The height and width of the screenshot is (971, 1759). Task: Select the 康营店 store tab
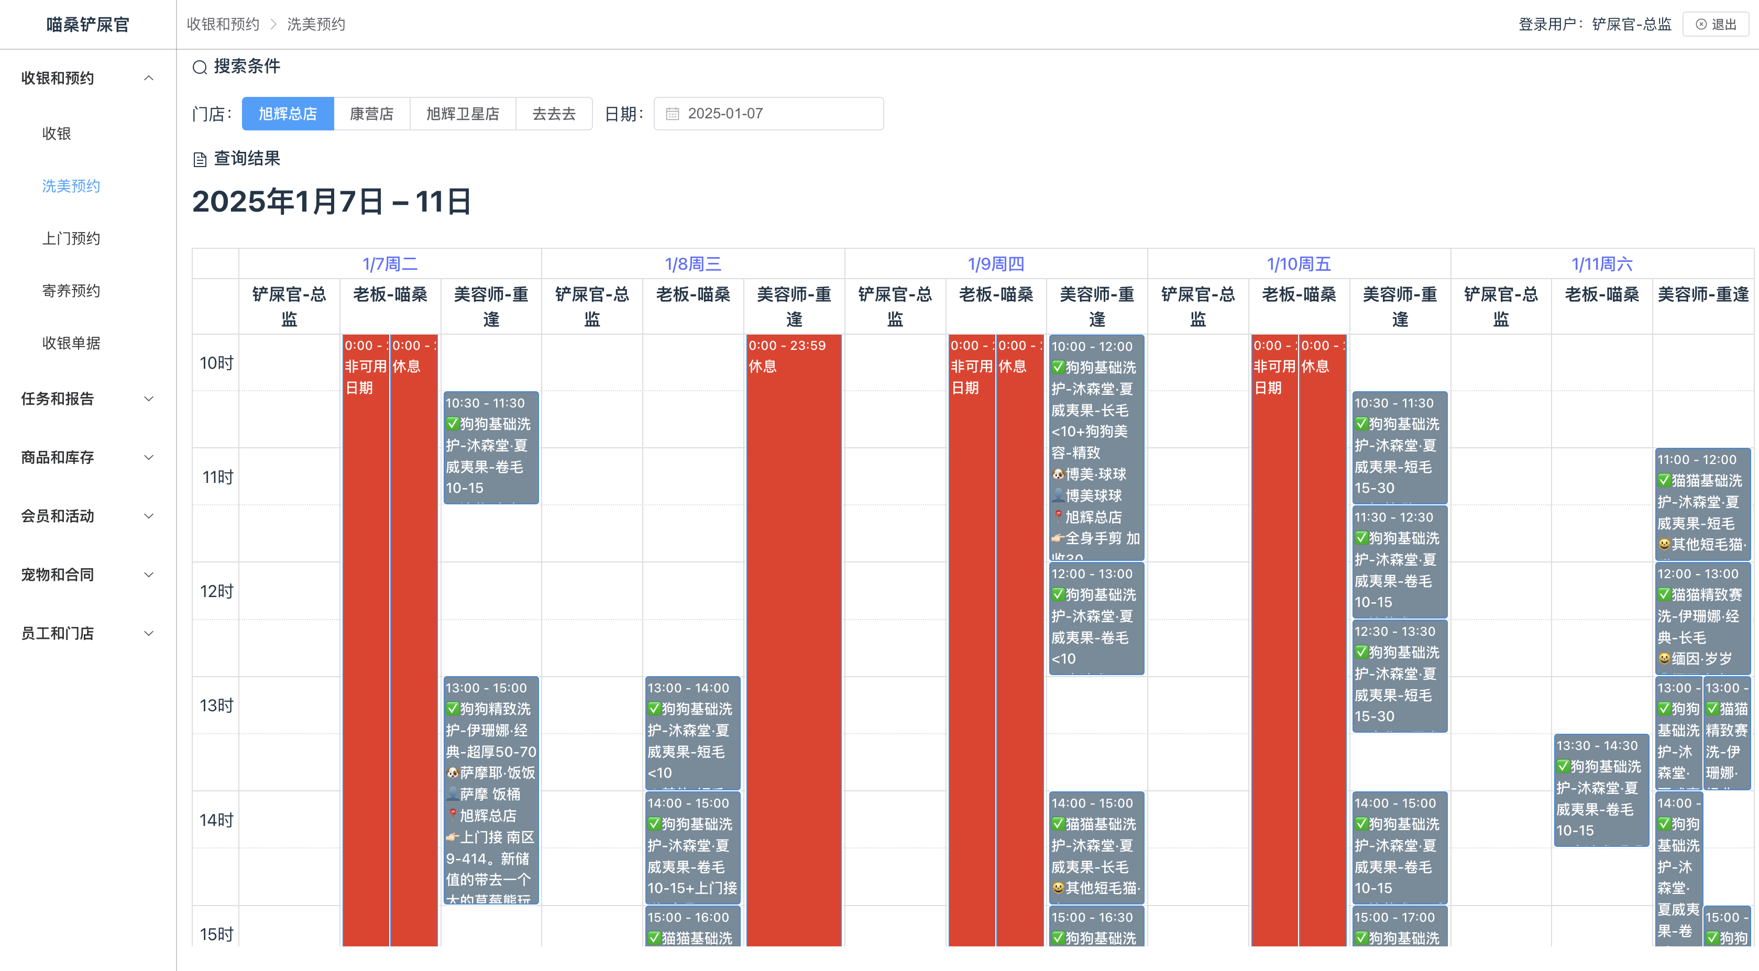pos(371,113)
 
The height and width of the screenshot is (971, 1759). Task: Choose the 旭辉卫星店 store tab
pos(463,113)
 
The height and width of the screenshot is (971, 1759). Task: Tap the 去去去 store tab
pos(553,113)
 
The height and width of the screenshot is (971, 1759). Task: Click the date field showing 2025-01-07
pos(768,113)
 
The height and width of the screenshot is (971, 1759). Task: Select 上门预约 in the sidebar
pos(71,238)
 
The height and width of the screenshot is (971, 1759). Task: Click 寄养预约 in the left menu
pos(71,291)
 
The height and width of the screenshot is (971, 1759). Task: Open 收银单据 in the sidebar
pos(71,343)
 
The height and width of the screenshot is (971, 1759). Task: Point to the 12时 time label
pos(216,591)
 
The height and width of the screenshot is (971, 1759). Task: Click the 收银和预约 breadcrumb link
pos(223,25)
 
